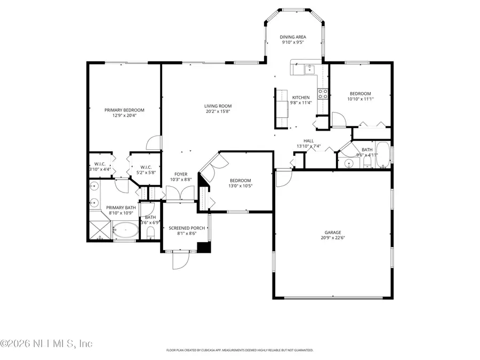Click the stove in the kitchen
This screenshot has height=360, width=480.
pos(323,94)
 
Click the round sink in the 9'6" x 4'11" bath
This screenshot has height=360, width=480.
pos(348,164)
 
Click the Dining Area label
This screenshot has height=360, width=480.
pos(293,37)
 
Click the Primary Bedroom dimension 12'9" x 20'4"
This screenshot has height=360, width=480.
pos(124,116)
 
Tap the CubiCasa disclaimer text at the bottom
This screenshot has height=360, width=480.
pos(240,350)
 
